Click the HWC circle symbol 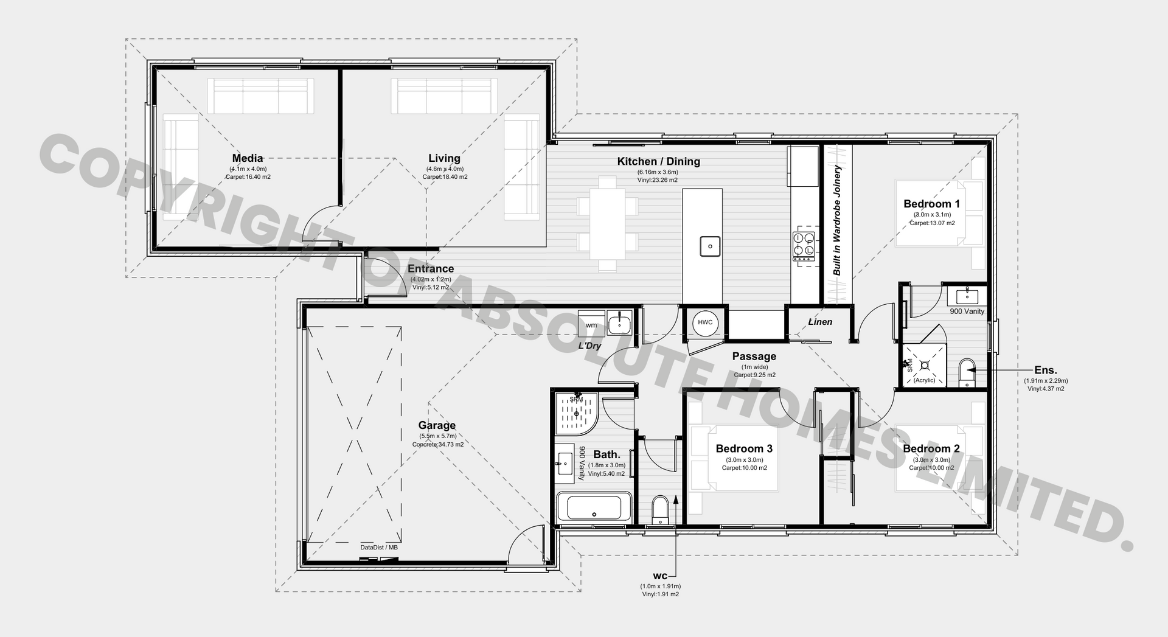(x=705, y=323)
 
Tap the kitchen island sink (x=709, y=246)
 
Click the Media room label (x=248, y=159)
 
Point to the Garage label (x=437, y=426)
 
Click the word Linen (x=820, y=322)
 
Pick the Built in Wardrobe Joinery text (x=837, y=220)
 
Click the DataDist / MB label (x=379, y=548)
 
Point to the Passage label (x=754, y=357)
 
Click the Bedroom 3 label (x=744, y=449)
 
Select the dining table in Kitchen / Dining (x=608, y=223)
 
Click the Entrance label (x=431, y=269)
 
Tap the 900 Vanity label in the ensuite (x=967, y=312)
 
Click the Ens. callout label (x=1046, y=370)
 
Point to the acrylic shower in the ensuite (x=925, y=365)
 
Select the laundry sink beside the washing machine (x=620, y=322)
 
